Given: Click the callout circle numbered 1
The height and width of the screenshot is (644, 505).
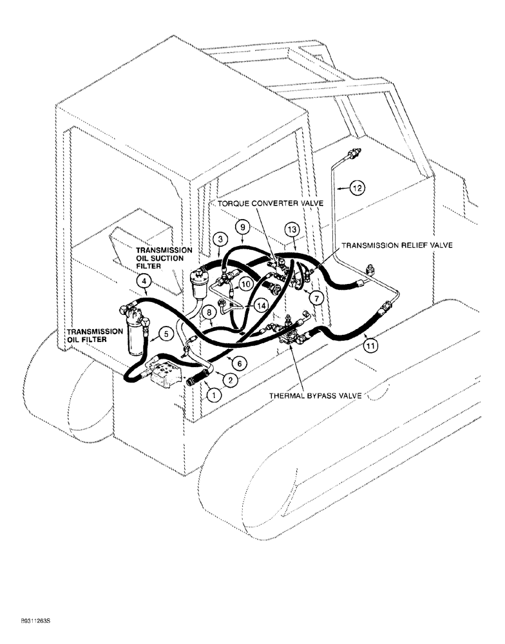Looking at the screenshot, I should [x=210, y=395].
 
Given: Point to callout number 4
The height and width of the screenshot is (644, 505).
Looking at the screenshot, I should [x=145, y=281].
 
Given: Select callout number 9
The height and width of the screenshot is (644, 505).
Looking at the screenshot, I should [x=242, y=227].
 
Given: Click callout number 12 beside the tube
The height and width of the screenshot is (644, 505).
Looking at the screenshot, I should [x=357, y=189].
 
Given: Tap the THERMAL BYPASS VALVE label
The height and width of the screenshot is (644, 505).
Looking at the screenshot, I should [x=318, y=395].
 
